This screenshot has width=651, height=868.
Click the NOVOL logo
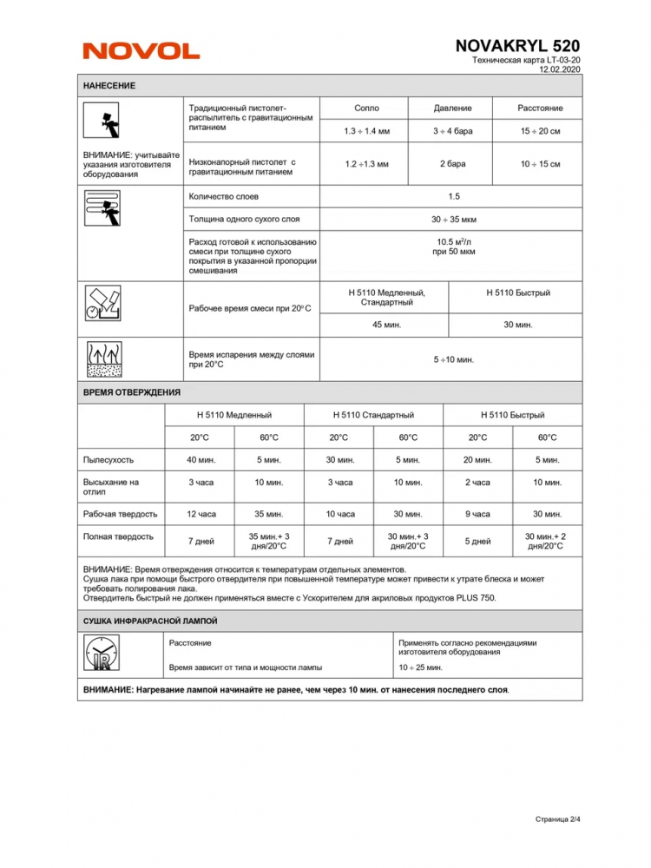tap(141, 51)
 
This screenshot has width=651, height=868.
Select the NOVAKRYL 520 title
tap(517, 46)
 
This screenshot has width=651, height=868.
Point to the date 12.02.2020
tap(560, 69)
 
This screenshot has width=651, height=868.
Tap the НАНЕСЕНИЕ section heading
tap(109, 86)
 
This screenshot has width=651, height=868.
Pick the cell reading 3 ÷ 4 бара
tap(452, 130)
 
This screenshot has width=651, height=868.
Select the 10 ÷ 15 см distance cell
tap(540, 163)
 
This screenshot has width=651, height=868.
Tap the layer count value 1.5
tap(453, 197)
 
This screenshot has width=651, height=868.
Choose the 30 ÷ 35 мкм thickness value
tap(453, 220)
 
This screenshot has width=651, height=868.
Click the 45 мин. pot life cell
tap(386, 325)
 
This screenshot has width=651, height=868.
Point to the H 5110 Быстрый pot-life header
tap(518, 293)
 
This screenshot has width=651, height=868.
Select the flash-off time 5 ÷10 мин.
tap(453, 358)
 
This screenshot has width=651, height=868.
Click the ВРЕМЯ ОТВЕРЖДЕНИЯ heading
tap(132, 393)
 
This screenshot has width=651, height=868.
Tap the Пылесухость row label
tap(108, 460)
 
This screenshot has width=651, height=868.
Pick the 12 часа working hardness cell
tap(201, 514)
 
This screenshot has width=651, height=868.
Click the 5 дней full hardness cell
tap(477, 542)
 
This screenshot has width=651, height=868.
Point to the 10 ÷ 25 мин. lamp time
tap(420, 667)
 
